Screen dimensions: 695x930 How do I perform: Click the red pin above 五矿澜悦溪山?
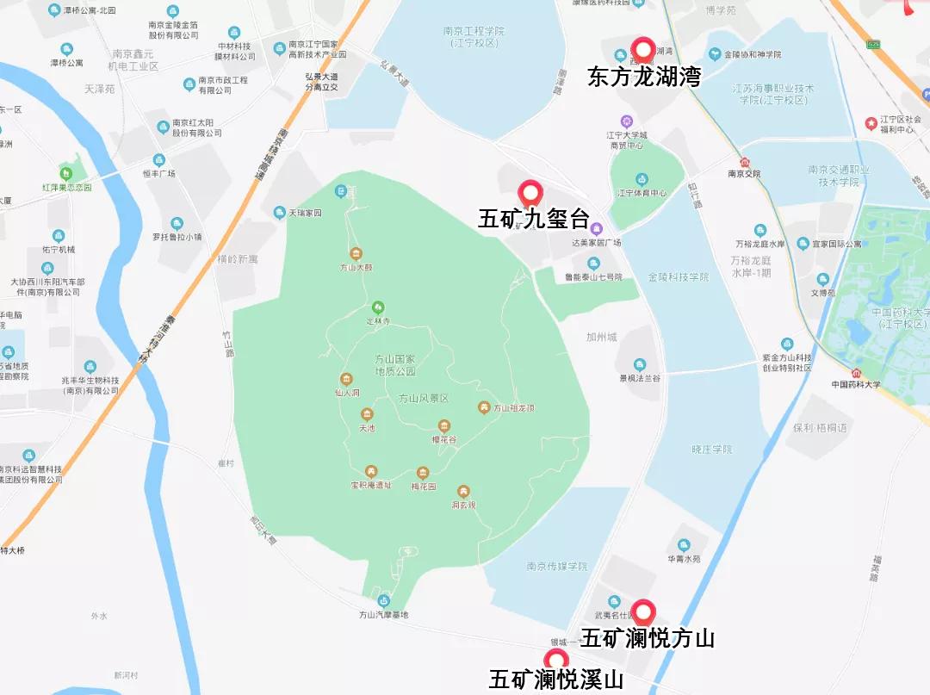[555, 661]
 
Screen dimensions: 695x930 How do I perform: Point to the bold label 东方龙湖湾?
[644, 78]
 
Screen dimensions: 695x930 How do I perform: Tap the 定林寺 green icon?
[377, 307]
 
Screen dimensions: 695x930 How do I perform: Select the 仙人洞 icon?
[346, 380]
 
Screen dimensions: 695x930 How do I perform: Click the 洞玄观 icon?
[463, 492]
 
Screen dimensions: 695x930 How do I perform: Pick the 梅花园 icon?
[423, 473]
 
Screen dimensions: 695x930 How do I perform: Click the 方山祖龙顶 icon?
[484, 407]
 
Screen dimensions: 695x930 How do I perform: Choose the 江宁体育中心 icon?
[641, 179]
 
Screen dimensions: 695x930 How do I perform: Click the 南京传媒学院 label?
[556, 567]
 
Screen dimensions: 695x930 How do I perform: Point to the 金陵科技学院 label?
[678, 277]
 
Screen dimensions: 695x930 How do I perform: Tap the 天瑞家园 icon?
[279, 213]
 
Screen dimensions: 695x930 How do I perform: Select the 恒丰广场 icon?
[158, 160]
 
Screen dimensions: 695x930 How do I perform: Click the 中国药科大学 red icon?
[855, 372]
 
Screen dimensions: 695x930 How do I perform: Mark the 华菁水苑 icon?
[684, 545]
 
